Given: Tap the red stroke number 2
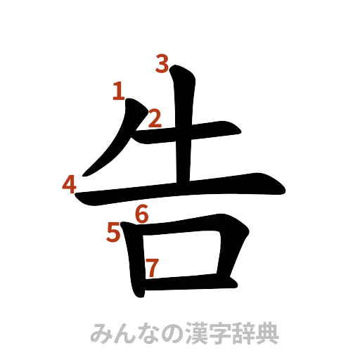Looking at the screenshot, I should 154,117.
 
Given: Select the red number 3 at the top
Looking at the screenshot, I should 162,65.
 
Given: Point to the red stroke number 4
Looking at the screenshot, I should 69,185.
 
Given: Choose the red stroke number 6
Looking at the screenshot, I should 142,214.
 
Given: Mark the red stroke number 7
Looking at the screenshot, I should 151,267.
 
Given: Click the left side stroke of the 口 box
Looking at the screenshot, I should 133,260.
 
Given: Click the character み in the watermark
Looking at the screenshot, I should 103,333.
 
